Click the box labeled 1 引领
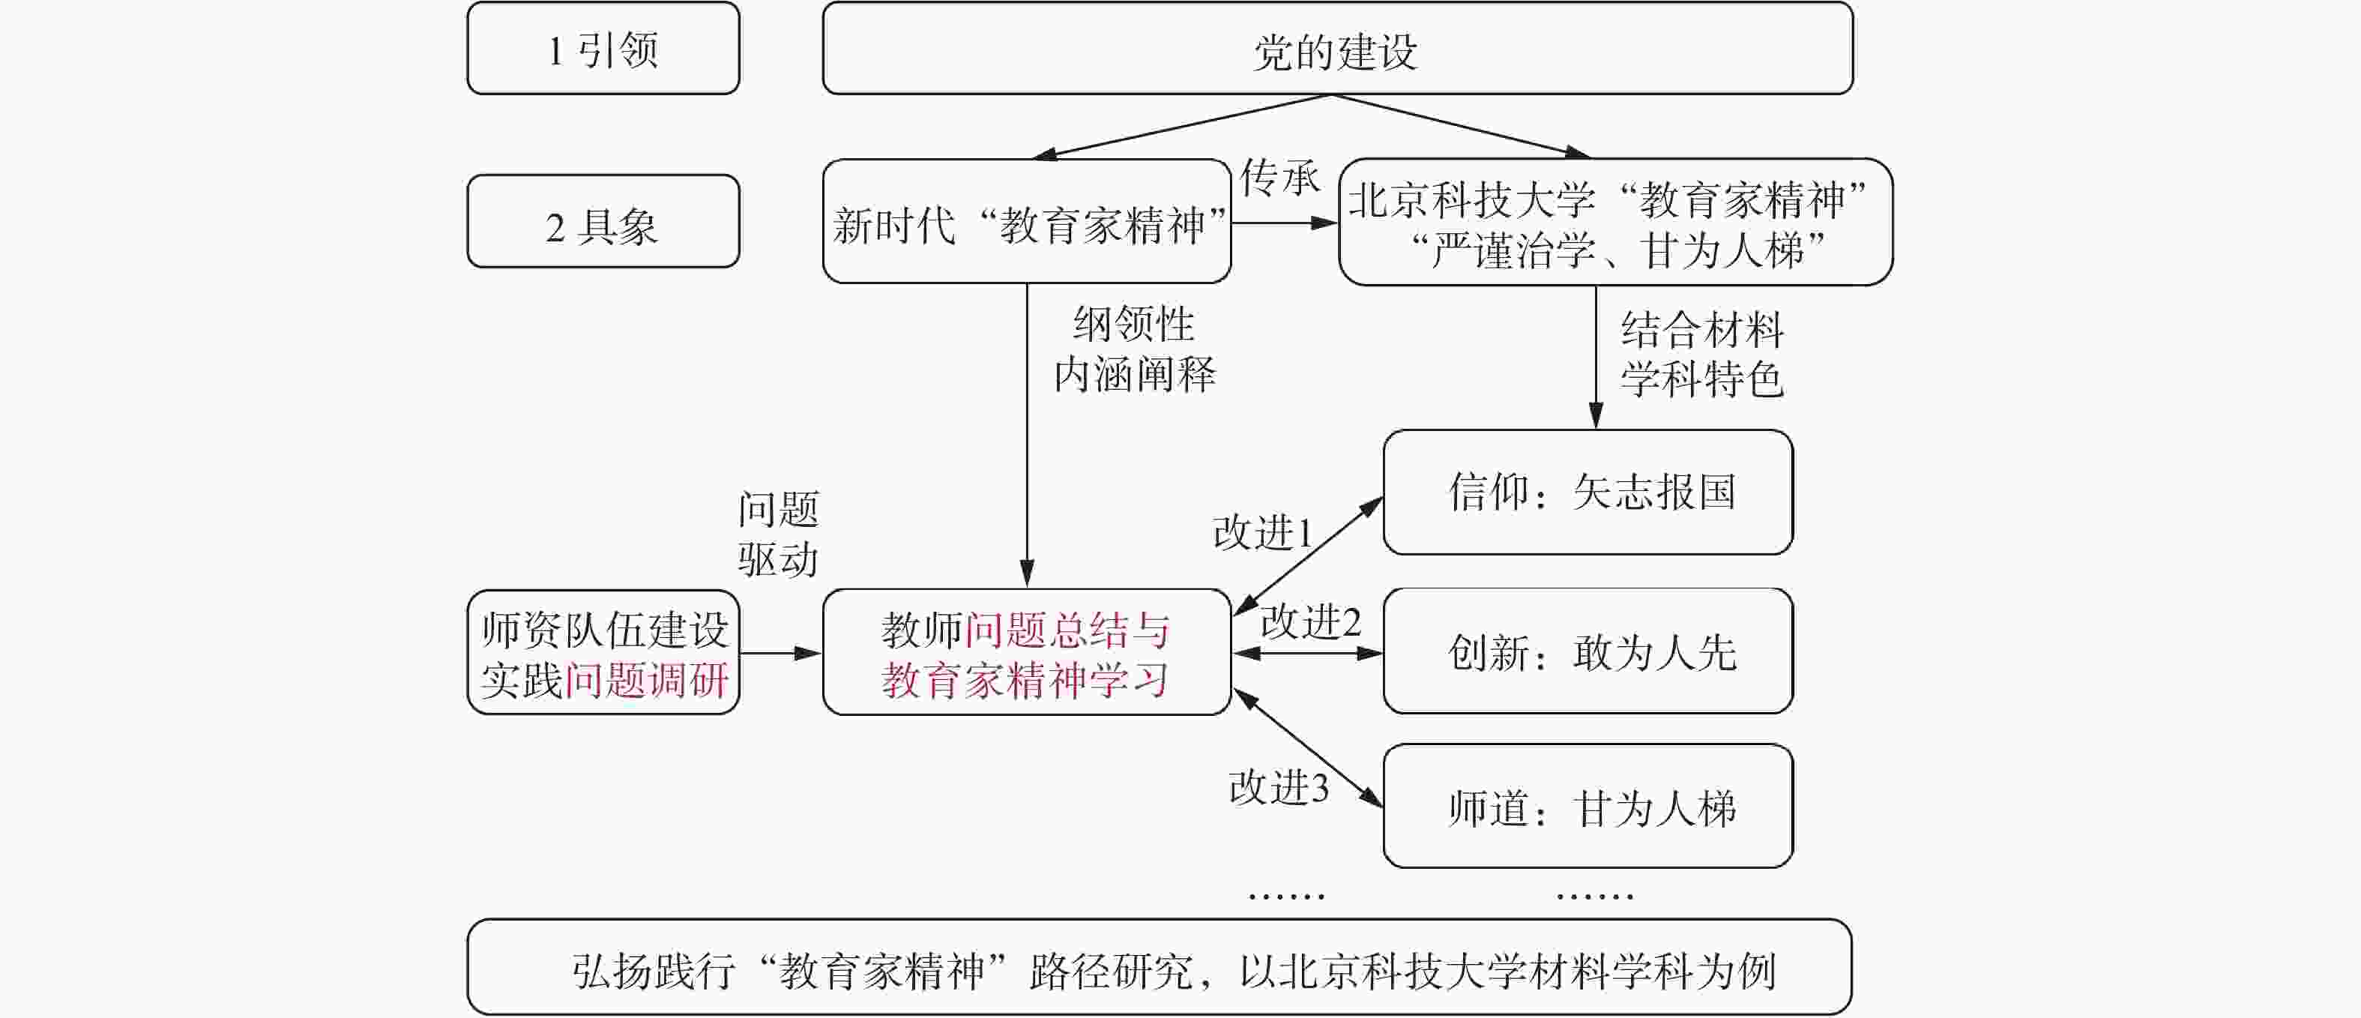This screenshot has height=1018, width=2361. click(x=603, y=49)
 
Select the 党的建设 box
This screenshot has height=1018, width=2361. click(x=1337, y=49)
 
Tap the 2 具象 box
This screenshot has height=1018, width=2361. click(x=603, y=222)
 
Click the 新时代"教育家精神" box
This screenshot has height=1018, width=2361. click(x=1027, y=222)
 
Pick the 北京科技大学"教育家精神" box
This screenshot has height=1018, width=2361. click(x=1615, y=222)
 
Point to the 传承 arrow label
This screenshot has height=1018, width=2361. click(x=1279, y=178)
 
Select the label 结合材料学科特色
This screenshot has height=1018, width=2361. click(x=1701, y=355)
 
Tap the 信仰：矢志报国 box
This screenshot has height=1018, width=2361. click(x=1587, y=492)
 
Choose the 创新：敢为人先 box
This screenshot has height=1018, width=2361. click(x=1587, y=651)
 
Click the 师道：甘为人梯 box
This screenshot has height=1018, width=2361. click(x=1587, y=807)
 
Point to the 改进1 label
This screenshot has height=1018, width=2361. click(x=1263, y=532)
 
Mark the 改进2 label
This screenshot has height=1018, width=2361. click(x=1311, y=622)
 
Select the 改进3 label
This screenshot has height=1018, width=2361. click(x=1279, y=787)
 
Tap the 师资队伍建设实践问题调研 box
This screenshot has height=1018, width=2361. click(x=603, y=652)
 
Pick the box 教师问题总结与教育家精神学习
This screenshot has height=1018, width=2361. click(x=1027, y=652)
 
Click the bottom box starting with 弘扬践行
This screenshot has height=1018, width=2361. click(x=1159, y=968)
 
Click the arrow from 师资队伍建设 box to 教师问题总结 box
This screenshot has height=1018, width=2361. click(x=780, y=654)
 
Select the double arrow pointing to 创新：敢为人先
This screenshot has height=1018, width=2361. click(x=1307, y=654)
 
